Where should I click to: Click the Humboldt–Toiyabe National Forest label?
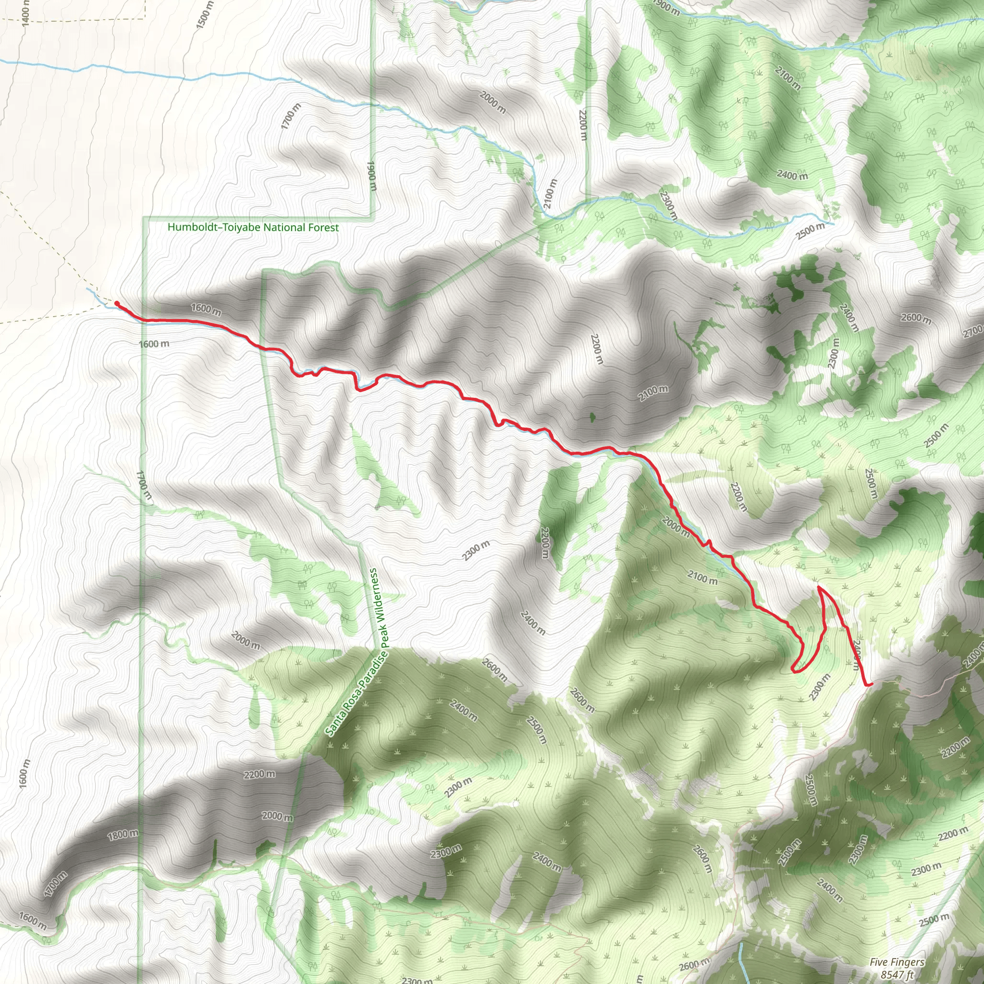(253, 228)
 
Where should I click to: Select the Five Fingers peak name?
(897, 962)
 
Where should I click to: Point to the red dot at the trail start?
(117, 304)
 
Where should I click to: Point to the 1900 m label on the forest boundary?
(371, 176)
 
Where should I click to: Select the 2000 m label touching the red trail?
(676, 527)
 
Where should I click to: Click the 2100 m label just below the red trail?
(702, 578)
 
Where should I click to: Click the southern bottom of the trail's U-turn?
(796, 671)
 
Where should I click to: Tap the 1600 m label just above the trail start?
(206, 308)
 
